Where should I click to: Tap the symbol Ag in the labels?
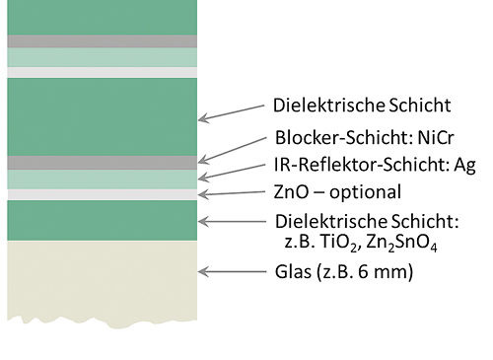point(463,165)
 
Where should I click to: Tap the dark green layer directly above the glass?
point(99,220)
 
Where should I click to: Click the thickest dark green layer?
point(99,115)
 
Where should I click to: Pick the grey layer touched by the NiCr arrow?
point(99,162)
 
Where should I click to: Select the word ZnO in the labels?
point(293,192)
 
